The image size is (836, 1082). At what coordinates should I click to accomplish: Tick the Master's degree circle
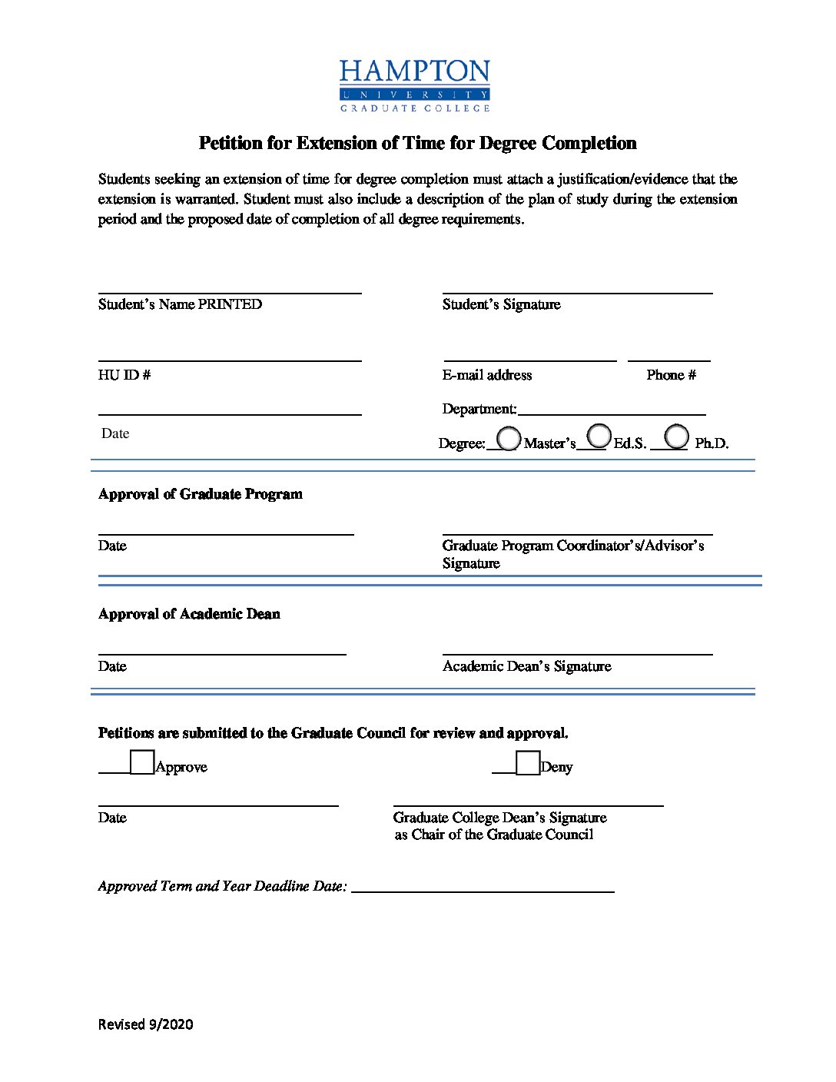pos(509,438)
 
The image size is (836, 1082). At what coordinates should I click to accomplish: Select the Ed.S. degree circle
pos(599,436)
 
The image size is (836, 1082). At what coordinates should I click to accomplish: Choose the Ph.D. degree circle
pos(676,436)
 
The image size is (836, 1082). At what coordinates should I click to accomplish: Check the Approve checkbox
pos(142,762)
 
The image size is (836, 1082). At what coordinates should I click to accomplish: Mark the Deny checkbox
pos(528,763)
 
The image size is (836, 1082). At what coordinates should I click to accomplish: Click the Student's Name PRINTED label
pos(180,304)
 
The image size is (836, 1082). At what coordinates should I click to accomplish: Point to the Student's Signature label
pos(501,304)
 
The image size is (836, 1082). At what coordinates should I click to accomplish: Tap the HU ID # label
pos(124,375)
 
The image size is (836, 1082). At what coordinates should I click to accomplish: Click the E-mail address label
pos(487,375)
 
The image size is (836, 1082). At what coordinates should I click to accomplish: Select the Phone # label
pos(671,375)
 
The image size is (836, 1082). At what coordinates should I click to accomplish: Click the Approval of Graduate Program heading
pos(200,494)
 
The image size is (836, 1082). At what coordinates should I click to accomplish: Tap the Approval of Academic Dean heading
pos(189,614)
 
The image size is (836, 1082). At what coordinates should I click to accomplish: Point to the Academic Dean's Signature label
pos(526,666)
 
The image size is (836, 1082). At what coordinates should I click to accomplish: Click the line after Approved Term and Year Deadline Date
pos(483,888)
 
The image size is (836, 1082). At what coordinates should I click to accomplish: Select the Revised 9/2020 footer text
pos(145,1024)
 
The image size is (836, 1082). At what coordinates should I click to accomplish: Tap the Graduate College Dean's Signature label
pos(499,818)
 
